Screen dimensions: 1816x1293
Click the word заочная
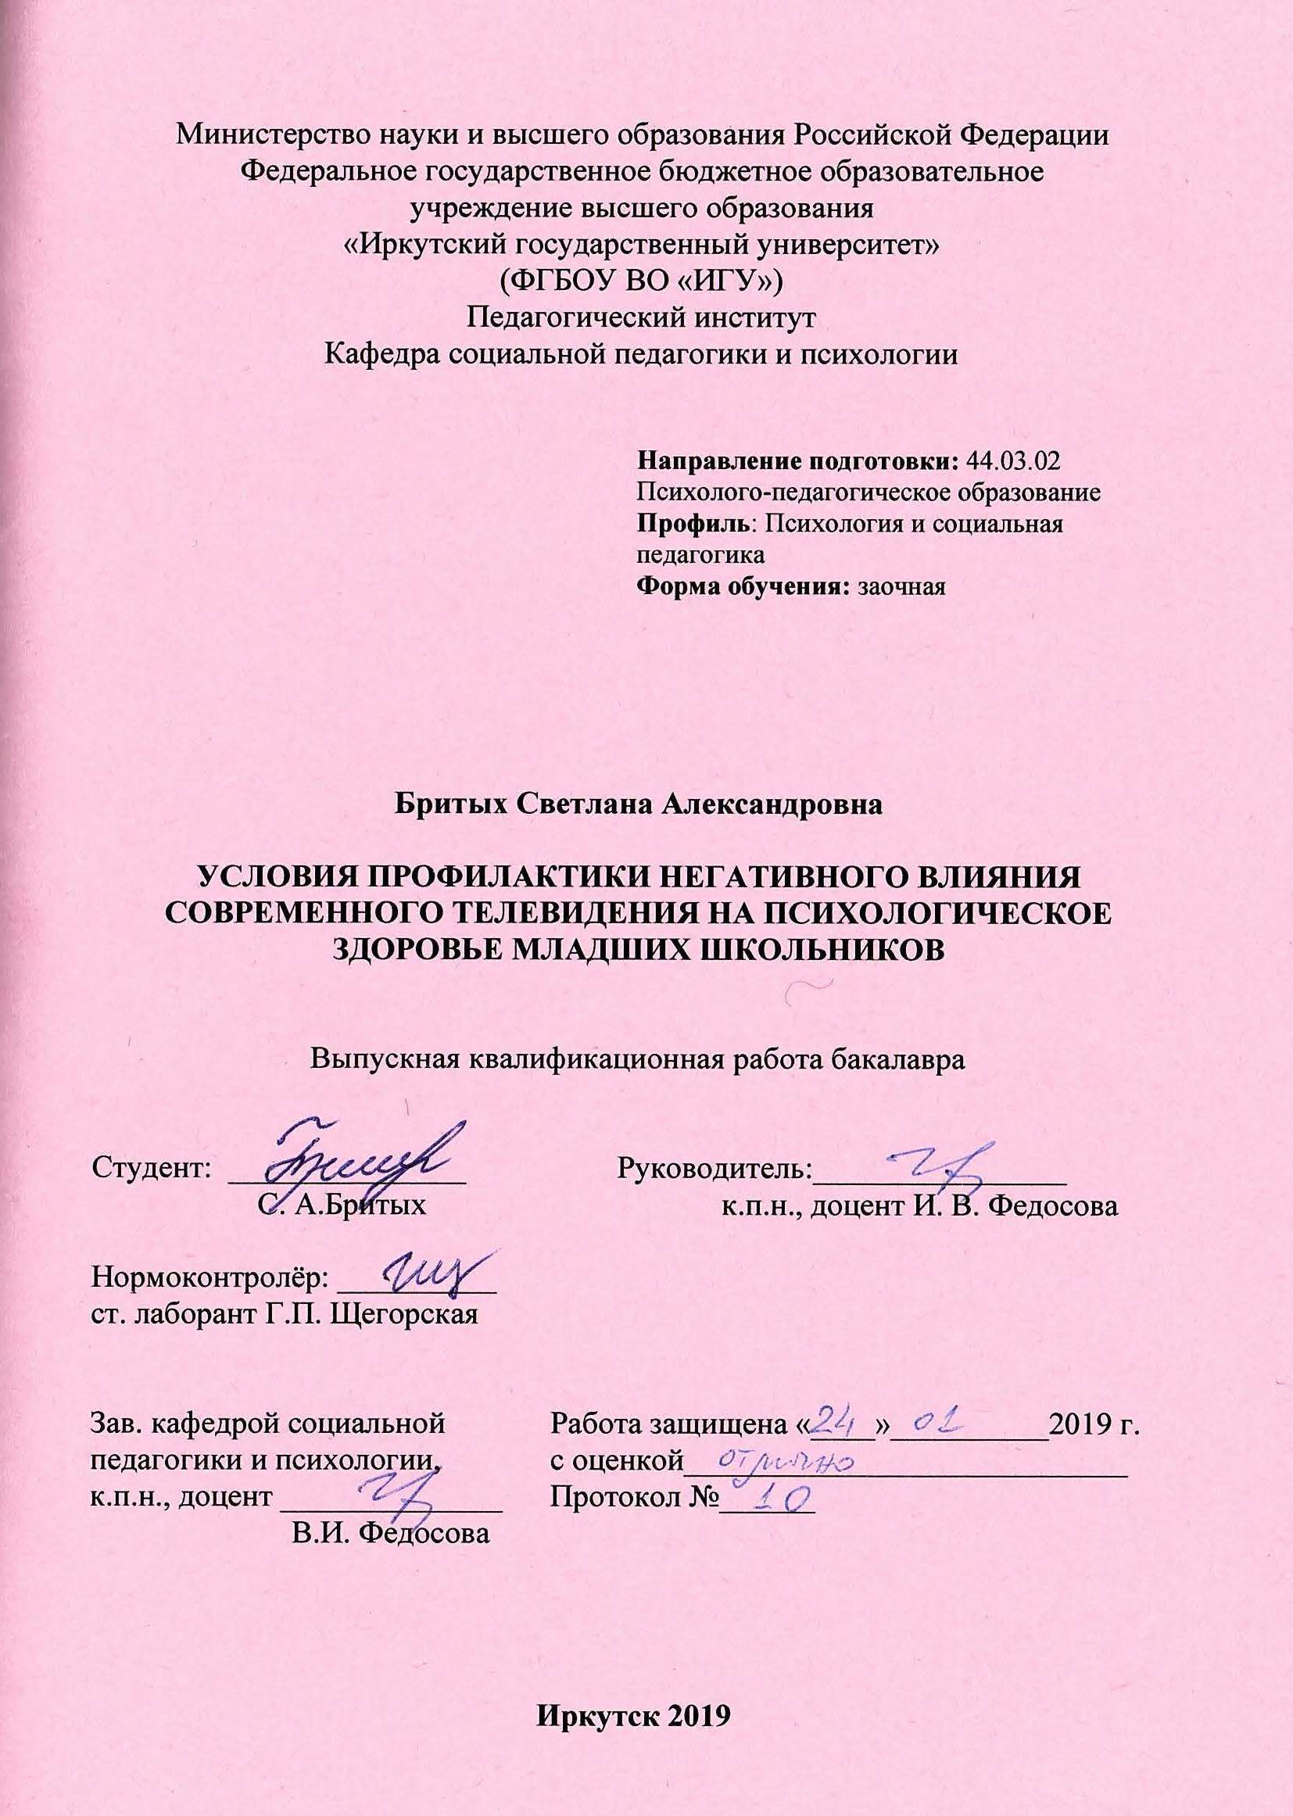coord(898,589)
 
